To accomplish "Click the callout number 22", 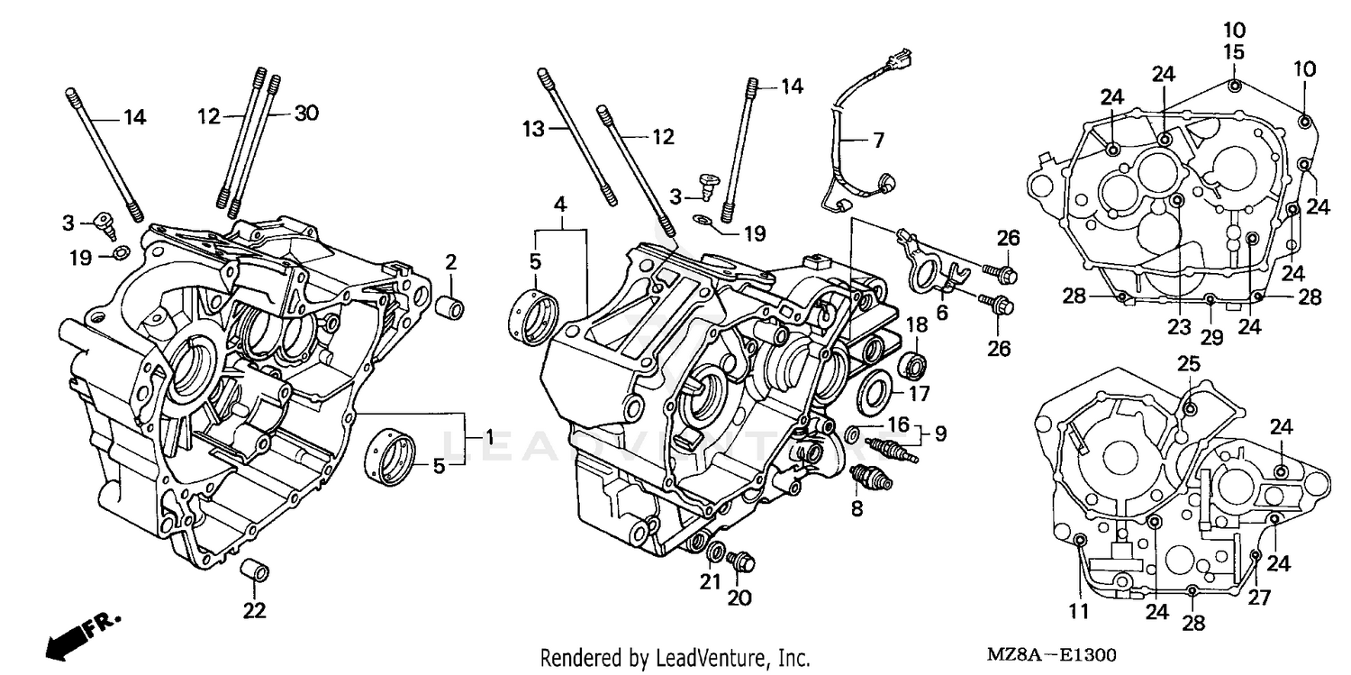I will [255, 610].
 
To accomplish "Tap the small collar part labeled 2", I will [450, 307].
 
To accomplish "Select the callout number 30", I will [306, 114].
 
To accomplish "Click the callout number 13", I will [534, 130].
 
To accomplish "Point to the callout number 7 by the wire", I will [878, 140].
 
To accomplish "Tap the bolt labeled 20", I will [743, 561].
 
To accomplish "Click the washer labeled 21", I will [717, 552].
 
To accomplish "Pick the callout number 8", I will [857, 509].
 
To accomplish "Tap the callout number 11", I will [1079, 612].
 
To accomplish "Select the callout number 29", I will [1211, 337].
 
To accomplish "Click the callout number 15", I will [1234, 52].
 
